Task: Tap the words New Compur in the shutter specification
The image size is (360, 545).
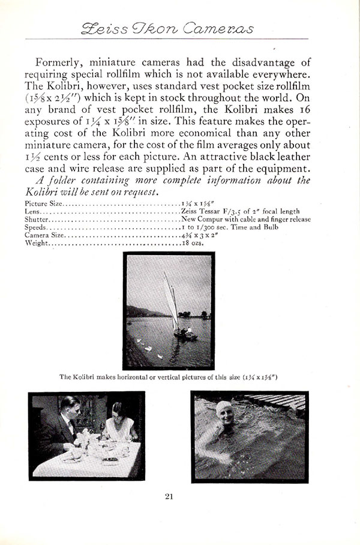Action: (x=202, y=220)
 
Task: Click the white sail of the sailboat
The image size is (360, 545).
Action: (x=171, y=300)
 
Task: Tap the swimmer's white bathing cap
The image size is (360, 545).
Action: (x=224, y=410)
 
